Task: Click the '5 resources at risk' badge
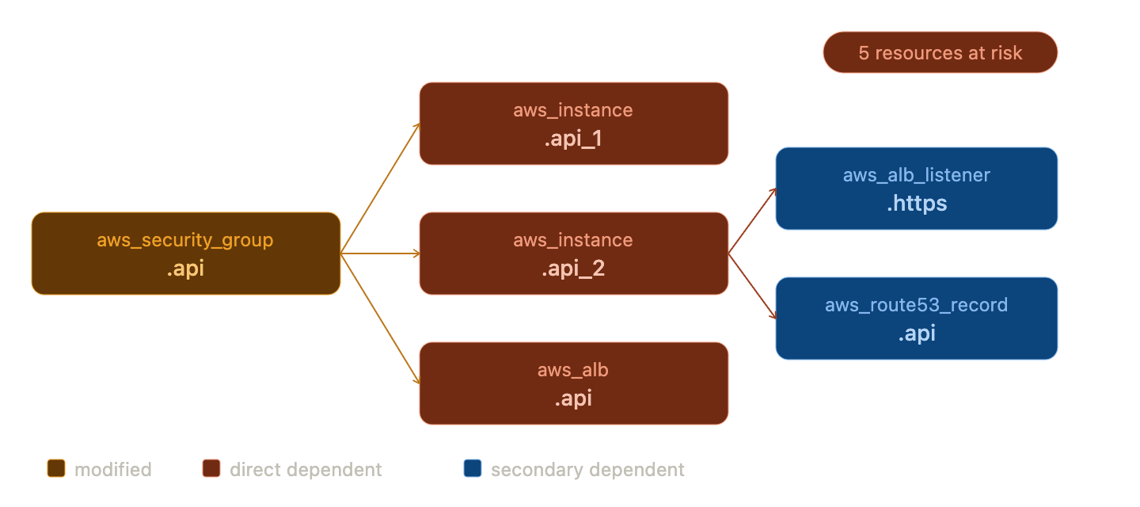940,52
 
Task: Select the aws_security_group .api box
185,253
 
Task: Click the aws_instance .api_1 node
573,124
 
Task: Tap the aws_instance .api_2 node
573,253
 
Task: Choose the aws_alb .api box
573,383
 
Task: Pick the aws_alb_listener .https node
916,189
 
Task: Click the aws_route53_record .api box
916,318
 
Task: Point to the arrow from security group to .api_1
380,189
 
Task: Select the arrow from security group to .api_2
380,253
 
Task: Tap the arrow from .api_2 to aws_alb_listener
752,221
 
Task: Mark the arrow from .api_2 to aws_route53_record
752,286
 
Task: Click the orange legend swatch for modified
56,469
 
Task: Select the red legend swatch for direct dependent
211,469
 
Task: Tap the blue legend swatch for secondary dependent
473,469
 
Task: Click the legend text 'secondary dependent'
587,470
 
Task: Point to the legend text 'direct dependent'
306,470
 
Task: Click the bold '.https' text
916,204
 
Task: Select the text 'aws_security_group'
185,240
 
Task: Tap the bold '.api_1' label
573,139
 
